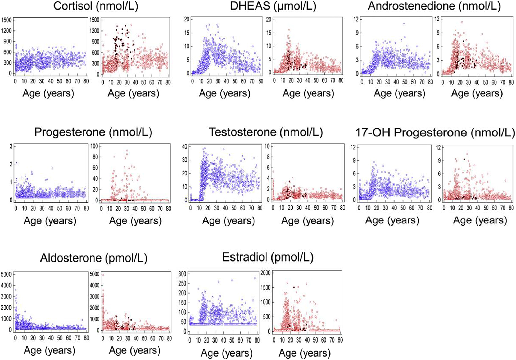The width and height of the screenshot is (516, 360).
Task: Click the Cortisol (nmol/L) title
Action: tap(96, 6)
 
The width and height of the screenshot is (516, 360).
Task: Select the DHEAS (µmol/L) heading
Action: tap(273, 6)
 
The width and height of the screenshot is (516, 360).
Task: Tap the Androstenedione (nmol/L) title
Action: tap(434, 6)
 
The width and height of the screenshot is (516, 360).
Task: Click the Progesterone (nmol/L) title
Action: tap(93, 132)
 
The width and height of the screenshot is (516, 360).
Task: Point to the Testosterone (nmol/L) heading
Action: tap(266, 132)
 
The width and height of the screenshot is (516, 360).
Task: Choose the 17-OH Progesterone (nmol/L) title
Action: tap(435, 132)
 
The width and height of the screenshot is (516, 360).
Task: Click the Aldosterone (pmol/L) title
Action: tap(94, 258)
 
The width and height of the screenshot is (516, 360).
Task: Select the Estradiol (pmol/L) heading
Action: tap(268, 257)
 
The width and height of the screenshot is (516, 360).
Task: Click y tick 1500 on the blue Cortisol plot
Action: tap(6, 20)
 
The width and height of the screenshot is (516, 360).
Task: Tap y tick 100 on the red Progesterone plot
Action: tap(94, 146)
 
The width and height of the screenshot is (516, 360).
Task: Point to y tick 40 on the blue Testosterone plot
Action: tap(184, 147)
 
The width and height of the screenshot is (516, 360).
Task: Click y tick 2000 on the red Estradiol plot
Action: tap(265, 273)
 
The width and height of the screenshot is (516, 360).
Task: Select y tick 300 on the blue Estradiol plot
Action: tap(183, 274)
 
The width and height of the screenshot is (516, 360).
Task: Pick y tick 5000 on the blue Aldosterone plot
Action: tap(6, 274)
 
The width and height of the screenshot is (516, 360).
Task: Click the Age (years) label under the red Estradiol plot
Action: tap(305, 353)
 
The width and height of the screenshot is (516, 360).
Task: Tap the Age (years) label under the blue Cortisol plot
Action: tap(48, 93)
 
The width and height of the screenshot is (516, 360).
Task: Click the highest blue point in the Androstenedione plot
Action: tap(404, 24)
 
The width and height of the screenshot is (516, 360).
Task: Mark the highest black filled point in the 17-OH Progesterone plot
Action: tap(464, 159)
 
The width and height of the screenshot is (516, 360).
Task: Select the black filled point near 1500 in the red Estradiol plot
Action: tap(294, 287)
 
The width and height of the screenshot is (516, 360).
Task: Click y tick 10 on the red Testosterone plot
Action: tap(267, 146)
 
